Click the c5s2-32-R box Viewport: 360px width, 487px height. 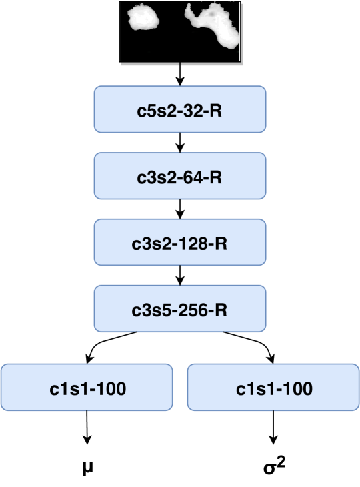[x=180, y=109]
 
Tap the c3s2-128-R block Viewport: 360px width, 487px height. [x=180, y=243]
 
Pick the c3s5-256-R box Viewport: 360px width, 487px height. [x=180, y=309]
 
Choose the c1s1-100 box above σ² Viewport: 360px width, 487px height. [x=273, y=387]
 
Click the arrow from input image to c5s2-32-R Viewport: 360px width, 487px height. [x=180, y=75]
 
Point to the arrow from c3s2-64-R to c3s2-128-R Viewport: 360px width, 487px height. [x=180, y=209]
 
